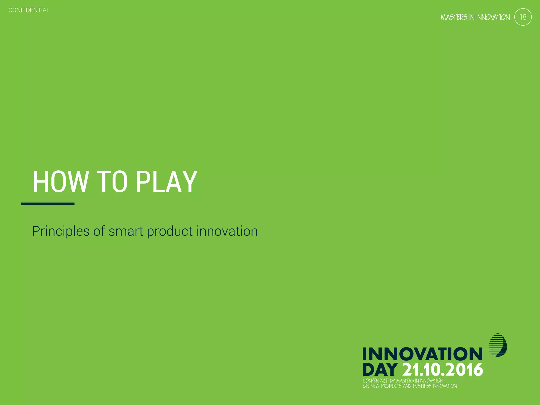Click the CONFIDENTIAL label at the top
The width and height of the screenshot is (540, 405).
[29, 10]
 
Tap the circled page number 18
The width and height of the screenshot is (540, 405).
[523, 17]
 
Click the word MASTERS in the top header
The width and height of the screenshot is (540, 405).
[454, 17]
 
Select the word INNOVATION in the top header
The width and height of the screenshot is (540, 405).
[493, 17]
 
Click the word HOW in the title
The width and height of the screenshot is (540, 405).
[60, 182]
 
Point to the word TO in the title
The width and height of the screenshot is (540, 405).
[112, 182]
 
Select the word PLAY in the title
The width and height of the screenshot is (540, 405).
[166, 182]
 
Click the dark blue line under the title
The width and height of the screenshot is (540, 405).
[48, 204]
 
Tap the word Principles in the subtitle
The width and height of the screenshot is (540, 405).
[61, 231]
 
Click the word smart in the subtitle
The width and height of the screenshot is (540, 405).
[126, 231]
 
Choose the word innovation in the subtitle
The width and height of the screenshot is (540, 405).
[227, 231]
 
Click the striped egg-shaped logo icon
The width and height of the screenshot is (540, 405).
[498, 345]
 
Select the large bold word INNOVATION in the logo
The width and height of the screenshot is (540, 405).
[422, 354]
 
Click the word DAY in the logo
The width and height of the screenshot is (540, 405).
[380, 370]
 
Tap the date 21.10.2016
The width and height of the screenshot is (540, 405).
[443, 370]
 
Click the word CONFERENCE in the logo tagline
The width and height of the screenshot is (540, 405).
[375, 381]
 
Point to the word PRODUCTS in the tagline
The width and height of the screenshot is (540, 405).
[391, 386]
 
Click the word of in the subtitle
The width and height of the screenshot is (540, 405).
[99, 231]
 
